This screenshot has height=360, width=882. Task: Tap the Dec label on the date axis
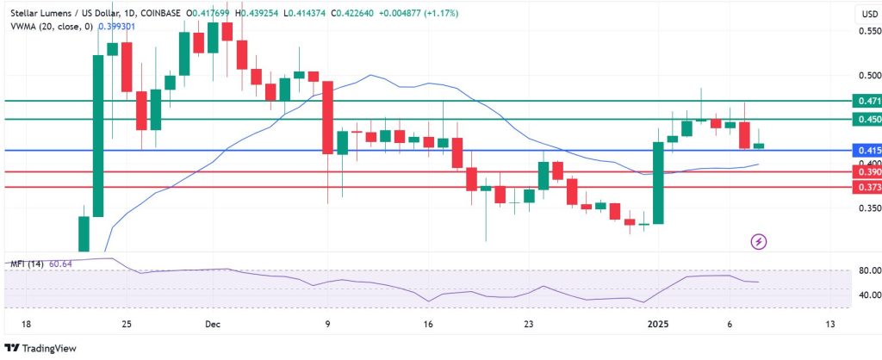[x=213, y=325]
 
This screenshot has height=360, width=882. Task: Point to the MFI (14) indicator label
[x=27, y=263]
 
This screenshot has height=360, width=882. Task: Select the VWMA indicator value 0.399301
[x=117, y=27]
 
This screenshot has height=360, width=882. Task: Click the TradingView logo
[x=40, y=348]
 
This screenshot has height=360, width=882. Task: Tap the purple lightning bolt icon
[x=759, y=241]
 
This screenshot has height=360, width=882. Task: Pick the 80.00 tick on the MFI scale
[x=867, y=270]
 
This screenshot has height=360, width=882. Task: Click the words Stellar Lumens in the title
[x=45, y=14]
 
